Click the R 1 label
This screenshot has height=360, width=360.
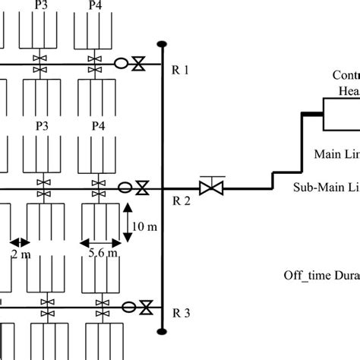click(x=180, y=70)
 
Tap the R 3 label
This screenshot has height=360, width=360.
click(x=180, y=311)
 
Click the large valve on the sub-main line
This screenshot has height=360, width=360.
click(x=209, y=186)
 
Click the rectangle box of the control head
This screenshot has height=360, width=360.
click(x=341, y=116)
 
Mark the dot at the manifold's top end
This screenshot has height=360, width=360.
click(x=162, y=43)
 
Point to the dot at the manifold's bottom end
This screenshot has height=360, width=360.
click(x=162, y=330)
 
